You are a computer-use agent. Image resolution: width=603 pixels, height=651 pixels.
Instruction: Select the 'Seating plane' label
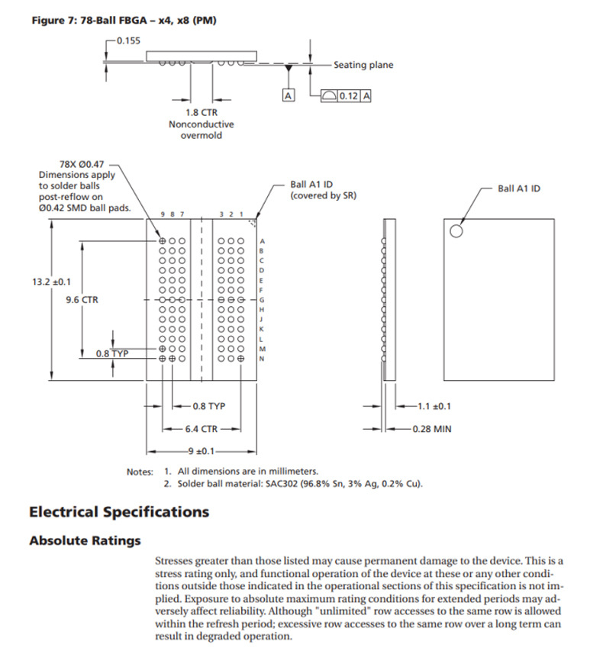[363, 66]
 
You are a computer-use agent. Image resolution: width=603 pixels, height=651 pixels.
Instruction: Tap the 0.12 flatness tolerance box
[348, 96]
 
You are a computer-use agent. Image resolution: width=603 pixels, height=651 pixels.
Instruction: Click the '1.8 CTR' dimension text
[201, 112]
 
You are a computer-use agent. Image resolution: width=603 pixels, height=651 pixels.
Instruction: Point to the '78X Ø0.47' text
[82, 164]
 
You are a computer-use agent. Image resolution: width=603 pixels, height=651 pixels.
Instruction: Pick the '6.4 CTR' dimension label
[202, 429]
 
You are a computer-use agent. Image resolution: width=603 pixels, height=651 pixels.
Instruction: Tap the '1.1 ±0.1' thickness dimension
[435, 406]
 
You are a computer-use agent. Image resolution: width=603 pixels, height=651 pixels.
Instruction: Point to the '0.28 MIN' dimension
[431, 429]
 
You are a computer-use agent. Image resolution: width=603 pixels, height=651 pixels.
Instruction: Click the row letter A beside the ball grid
[262, 240]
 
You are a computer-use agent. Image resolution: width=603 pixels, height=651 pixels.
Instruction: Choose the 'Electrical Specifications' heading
[118, 511]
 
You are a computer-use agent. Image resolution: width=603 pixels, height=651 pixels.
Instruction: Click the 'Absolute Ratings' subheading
[85, 540]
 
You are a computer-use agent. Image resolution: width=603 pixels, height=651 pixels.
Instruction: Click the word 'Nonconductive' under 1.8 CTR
[201, 124]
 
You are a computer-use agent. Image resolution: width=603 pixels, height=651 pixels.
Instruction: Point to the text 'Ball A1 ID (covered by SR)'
[323, 190]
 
